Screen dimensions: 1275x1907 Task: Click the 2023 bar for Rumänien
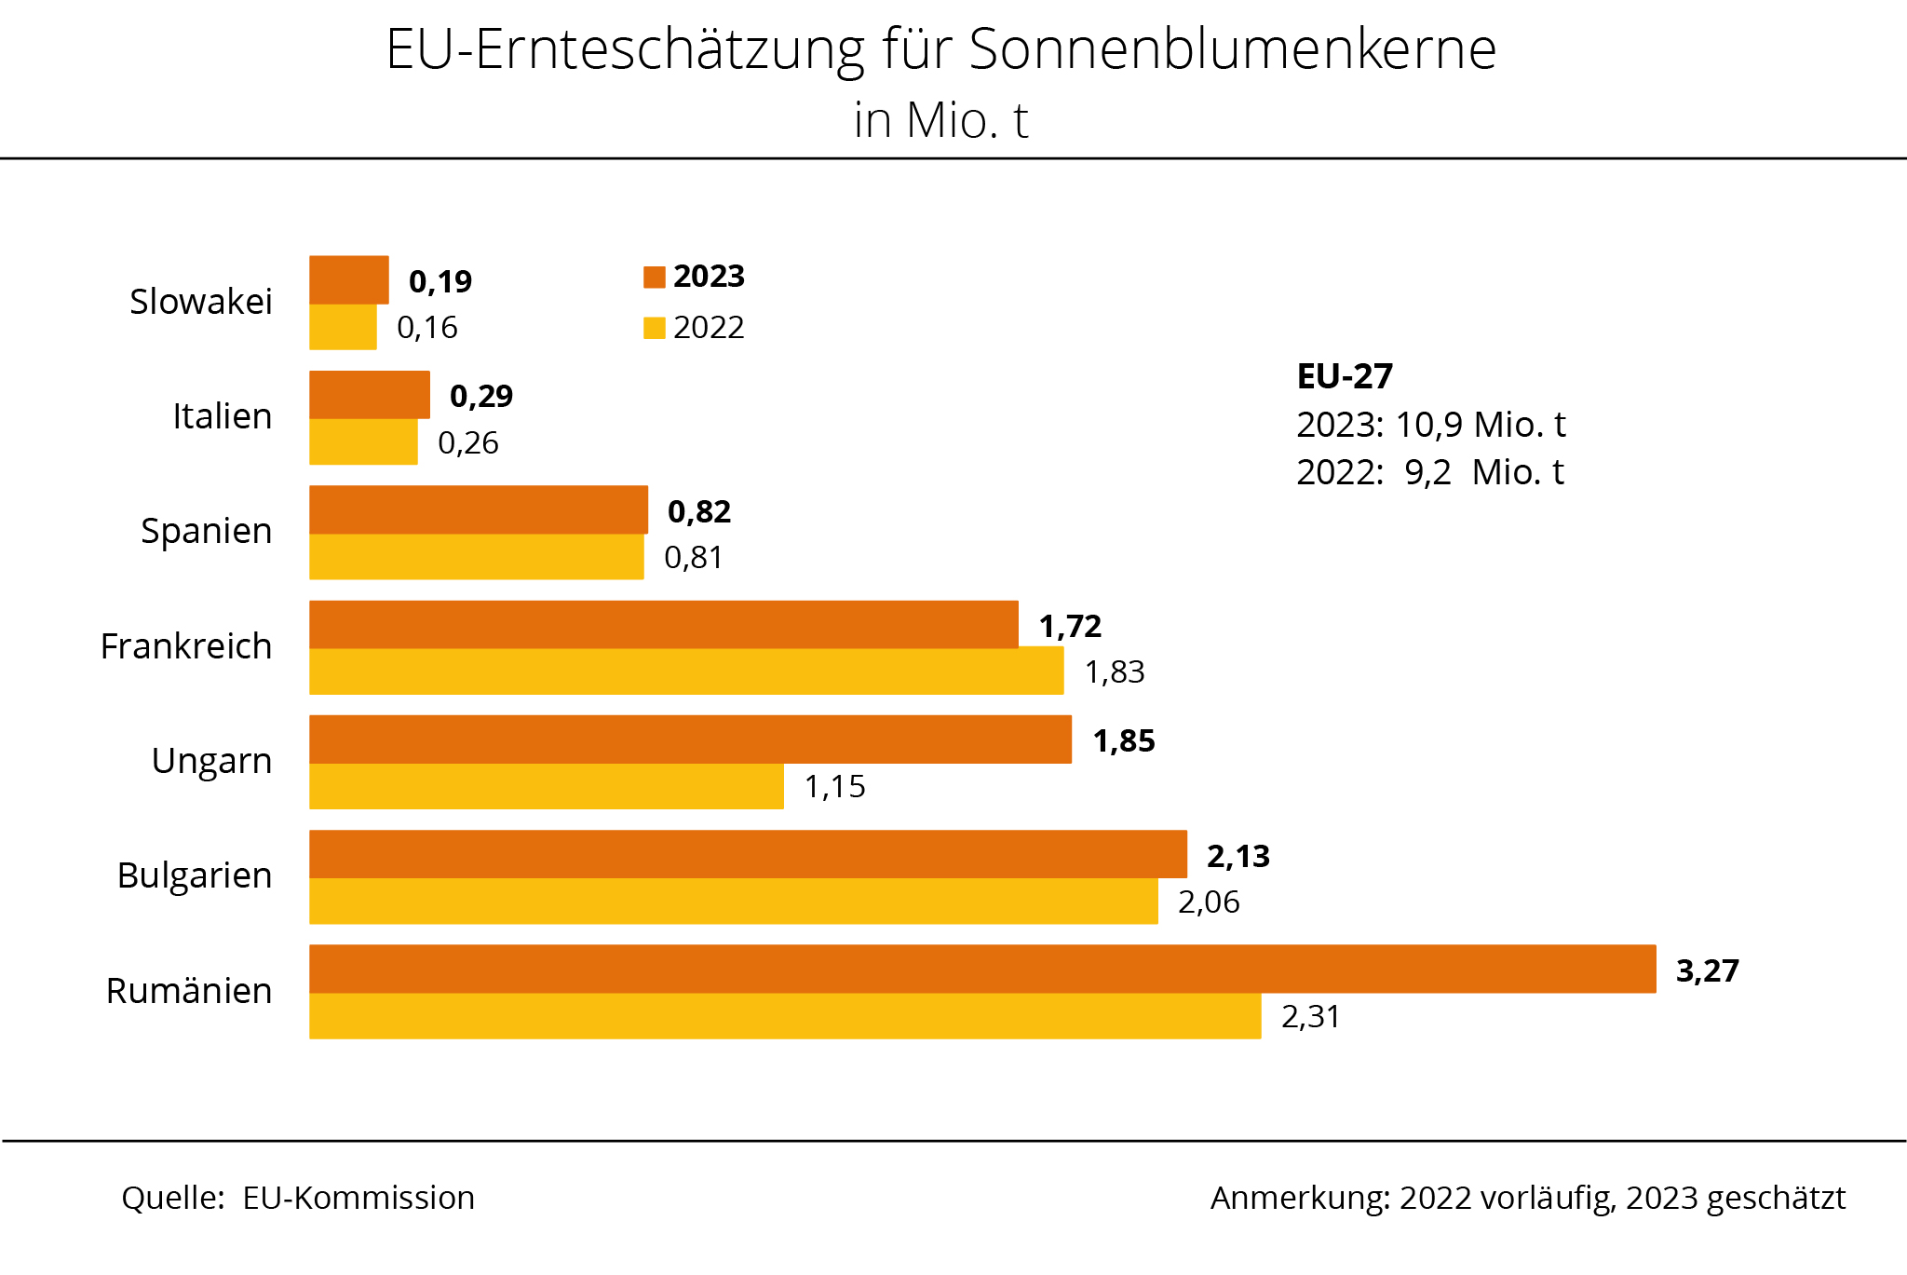(982, 969)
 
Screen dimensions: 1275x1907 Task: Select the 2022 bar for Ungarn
(547, 786)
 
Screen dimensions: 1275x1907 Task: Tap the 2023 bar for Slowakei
(349, 279)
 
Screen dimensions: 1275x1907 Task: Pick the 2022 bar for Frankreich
(686, 671)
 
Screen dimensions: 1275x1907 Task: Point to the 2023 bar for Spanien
(479, 509)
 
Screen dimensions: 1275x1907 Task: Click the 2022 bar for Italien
(363, 441)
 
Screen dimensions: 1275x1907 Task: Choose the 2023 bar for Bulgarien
(748, 854)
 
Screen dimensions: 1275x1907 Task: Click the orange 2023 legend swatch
(655, 278)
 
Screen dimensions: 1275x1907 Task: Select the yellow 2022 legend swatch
(655, 328)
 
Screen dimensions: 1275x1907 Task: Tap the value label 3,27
(1707, 970)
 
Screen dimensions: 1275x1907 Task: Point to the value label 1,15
(834, 787)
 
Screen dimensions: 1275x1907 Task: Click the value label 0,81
(694, 557)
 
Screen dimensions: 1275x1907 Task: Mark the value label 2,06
(1209, 902)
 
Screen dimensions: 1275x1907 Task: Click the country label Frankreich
(186, 646)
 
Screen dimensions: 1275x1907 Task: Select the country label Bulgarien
(195, 875)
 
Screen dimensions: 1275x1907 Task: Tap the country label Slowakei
(201, 302)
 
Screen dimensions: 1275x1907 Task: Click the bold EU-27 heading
(1345, 376)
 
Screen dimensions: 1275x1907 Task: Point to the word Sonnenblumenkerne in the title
(1232, 48)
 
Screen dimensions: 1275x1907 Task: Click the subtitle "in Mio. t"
(940, 120)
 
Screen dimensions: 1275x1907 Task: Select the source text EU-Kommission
(358, 1198)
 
